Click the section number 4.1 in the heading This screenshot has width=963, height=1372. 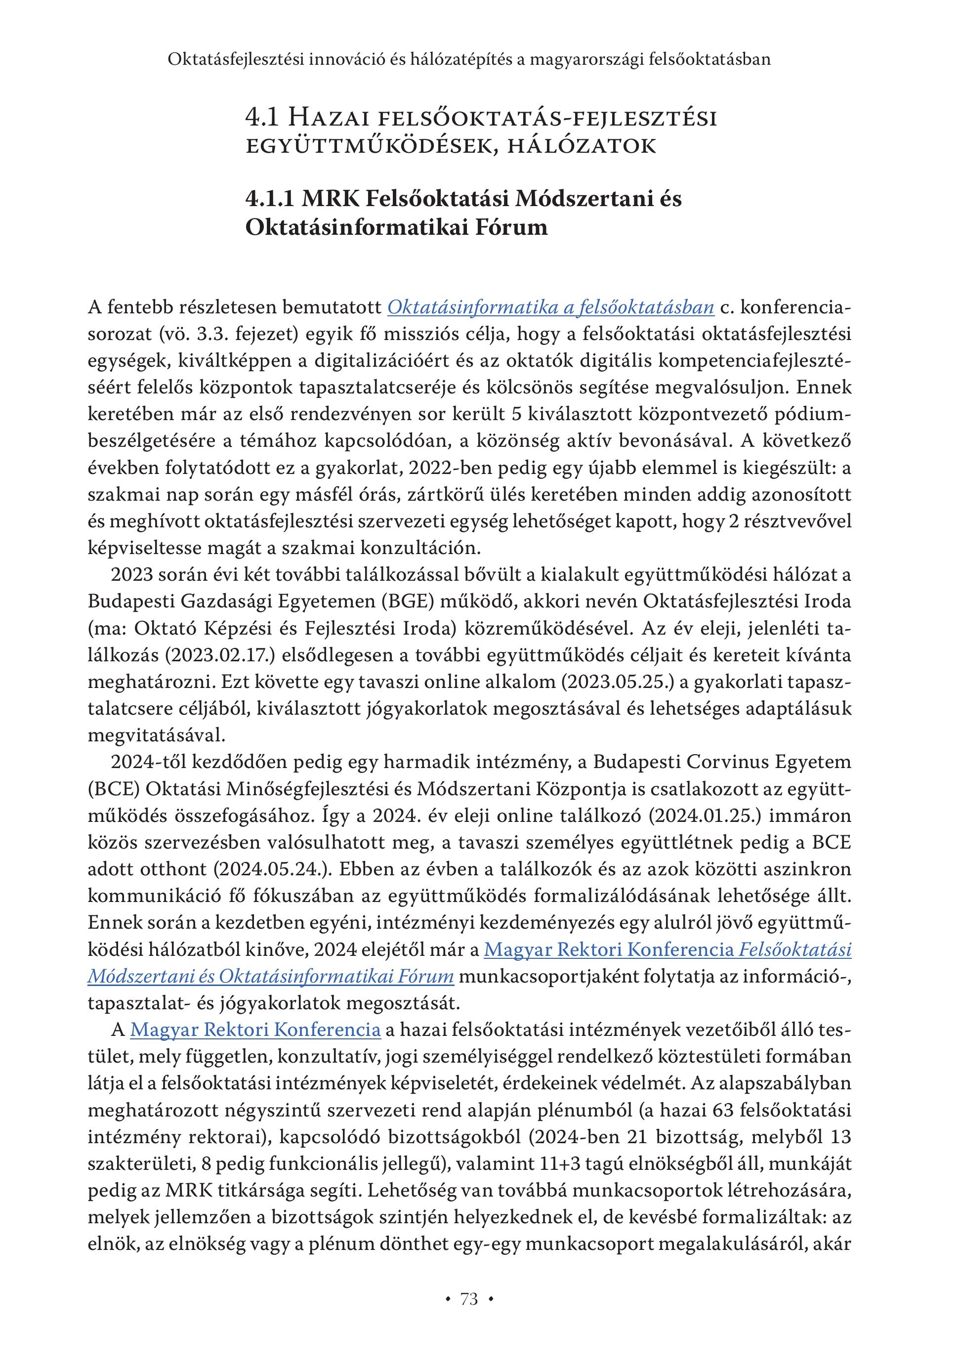(x=262, y=118)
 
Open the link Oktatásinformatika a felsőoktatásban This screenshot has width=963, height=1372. (x=551, y=307)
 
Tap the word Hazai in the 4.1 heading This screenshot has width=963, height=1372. (x=325, y=118)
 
